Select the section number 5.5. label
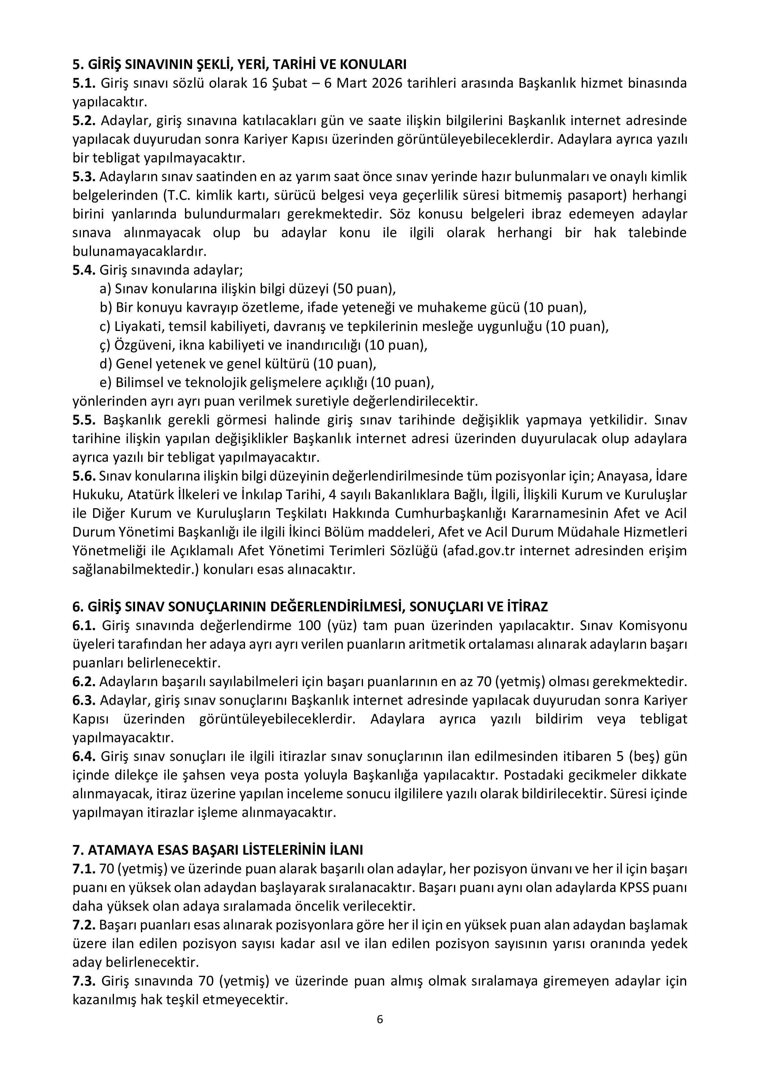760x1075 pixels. [x=84, y=420]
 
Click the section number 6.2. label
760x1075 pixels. [x=84, y=682]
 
